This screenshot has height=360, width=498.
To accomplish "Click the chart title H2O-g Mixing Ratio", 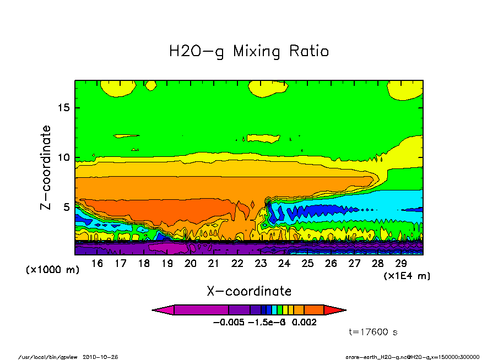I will point(248,52).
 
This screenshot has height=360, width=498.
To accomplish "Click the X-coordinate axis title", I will point(249,291).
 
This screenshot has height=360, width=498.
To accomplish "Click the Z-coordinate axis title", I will point(46,167).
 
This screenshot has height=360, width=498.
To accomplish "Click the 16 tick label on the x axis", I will point(97,264).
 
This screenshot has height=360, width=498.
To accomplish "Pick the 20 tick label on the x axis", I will point(191,264).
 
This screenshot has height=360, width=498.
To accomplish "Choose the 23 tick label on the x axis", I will point(261,264).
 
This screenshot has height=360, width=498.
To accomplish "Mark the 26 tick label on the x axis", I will point(331,264).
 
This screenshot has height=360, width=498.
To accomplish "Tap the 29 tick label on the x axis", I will point(401,264).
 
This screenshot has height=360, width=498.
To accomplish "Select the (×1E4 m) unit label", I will point(407,275).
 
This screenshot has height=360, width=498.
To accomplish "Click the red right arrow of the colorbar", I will point(335,310).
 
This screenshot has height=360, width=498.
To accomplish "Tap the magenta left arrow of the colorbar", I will point(163,310).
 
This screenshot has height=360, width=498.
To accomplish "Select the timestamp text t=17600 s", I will point(373,332).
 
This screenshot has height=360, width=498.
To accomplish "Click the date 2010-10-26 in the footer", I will point(100,356).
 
